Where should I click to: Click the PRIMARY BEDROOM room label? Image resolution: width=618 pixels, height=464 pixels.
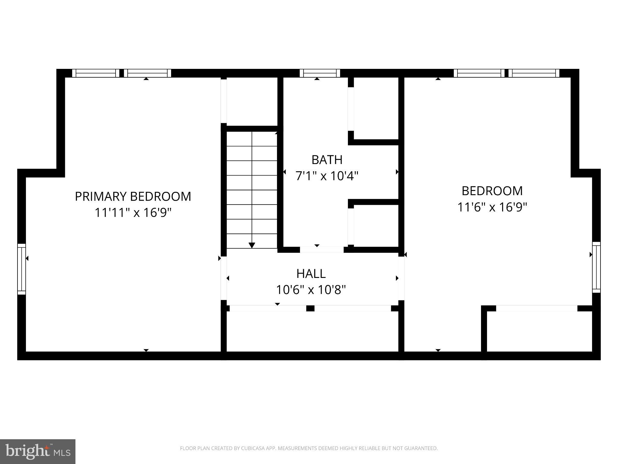click(133, 197)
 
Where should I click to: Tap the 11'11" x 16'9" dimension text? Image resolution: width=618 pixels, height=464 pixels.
click(133, 213)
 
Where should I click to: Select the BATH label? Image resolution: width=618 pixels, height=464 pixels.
click(327, 160)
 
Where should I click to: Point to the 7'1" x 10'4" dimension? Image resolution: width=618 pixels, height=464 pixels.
click(327, 176)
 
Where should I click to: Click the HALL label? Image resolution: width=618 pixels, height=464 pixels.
click(311, 274)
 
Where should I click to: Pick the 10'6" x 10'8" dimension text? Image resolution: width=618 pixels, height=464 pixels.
click(311, 290)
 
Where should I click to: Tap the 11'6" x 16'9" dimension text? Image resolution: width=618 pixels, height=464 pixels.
click(492, 207)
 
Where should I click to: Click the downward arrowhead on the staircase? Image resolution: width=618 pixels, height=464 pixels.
click(252, 245)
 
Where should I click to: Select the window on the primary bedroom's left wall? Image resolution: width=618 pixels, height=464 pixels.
click(21, 269)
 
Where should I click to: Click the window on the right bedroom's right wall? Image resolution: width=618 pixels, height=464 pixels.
click(596, 267)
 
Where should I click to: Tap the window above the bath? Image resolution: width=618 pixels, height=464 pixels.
click(320, 73)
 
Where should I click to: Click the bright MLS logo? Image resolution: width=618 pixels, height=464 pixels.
click(37, 451)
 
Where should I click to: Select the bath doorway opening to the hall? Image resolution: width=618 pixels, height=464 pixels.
click(322, 250)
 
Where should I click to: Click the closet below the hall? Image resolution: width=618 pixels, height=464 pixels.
click(312, 331)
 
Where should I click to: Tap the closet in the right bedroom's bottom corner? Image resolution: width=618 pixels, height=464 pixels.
click(539, 331)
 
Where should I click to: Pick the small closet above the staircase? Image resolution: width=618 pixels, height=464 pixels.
click(252, 101)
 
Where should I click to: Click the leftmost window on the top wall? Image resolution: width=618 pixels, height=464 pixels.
click(96, 73)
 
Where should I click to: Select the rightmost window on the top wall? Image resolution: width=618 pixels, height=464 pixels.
click(534, 73)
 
